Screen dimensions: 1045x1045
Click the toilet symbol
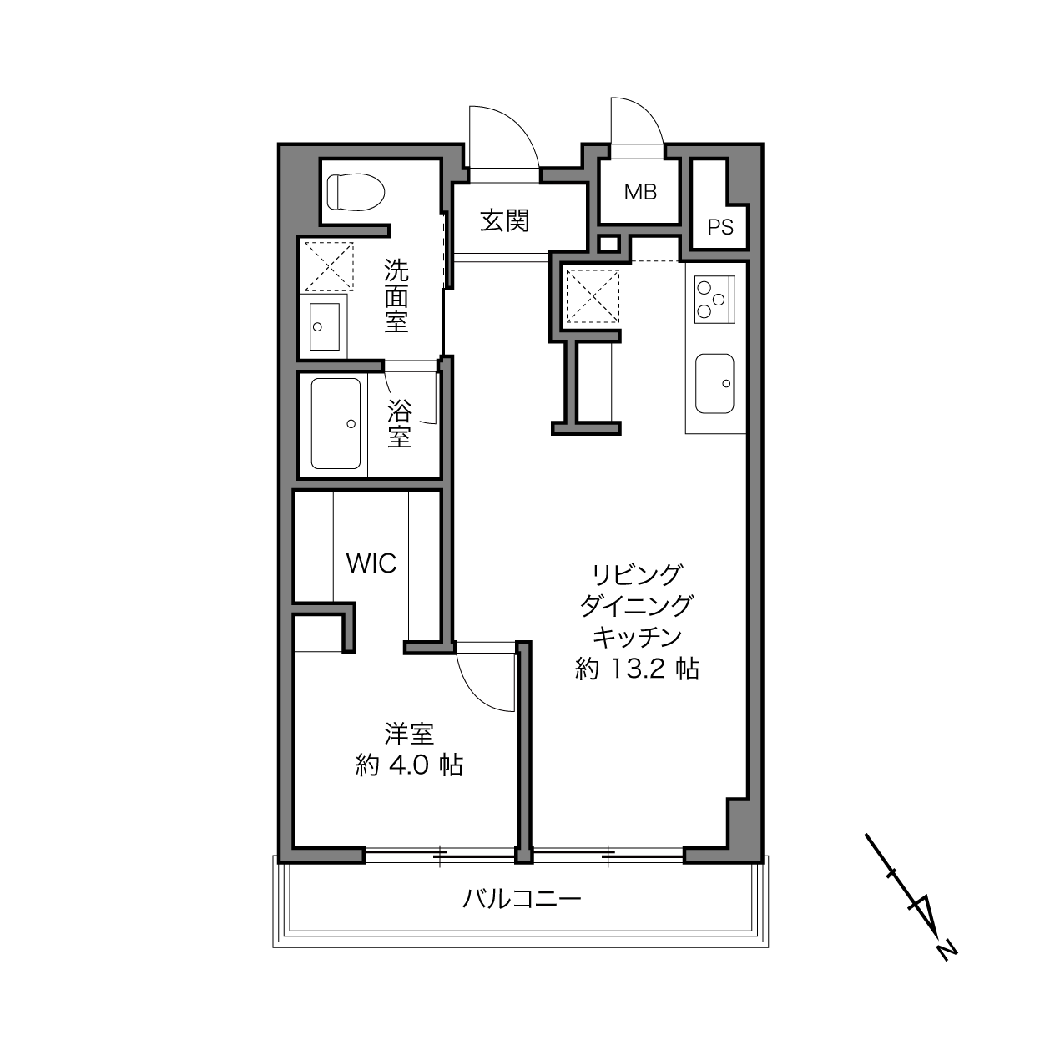pos(356,192)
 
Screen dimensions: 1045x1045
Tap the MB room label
pos(640,192)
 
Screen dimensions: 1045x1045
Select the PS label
pos(720,227)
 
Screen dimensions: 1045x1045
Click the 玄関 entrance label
pos(504,220)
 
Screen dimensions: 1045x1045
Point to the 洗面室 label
pos(396,295)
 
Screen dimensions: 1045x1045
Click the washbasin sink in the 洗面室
pos(325,326)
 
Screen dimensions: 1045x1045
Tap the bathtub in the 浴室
pos(336,423)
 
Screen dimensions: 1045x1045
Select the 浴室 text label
pos(400,423)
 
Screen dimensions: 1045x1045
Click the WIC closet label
pos(371,564)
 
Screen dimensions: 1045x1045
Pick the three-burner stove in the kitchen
pos(714,300)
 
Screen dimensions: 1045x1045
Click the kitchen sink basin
pos(714,383)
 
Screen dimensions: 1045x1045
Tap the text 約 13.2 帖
pos(637,669)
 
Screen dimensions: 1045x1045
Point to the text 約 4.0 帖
pos(409,765)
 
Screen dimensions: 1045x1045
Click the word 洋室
pos(409,735)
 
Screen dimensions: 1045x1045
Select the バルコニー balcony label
pos(521,899)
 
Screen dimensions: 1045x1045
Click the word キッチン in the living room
pos(637,638)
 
